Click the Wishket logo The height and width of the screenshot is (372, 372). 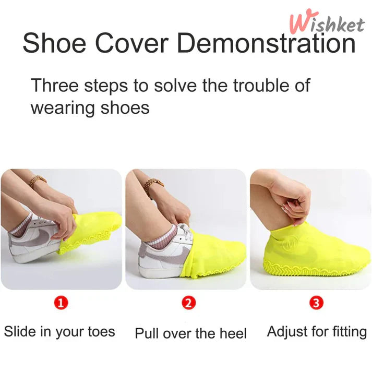[327, 22]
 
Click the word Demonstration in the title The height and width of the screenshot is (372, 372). [267, 43]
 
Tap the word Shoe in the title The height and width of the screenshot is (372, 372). [54, 43]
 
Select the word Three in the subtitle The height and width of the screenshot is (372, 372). [55, 85]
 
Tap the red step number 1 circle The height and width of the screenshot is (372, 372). [61, 303]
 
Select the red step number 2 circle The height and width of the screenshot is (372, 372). [189, 303]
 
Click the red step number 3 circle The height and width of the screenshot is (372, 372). [317, 303]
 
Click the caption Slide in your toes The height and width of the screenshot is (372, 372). [59, 331]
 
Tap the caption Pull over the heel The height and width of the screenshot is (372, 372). [191, 333]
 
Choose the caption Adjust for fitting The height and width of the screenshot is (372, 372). [317, 331]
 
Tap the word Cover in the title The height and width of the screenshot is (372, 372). [132, 43]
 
